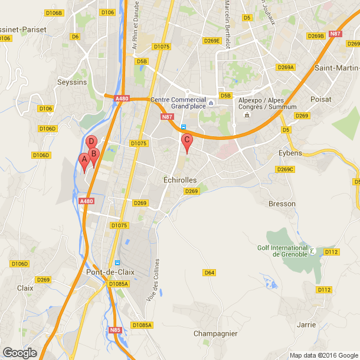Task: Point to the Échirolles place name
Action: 179,179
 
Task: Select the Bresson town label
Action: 282,204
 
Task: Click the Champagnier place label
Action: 215,333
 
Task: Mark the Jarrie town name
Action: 306,325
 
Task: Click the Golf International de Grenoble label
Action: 283,251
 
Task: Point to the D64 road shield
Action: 209,272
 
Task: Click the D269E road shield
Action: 211,41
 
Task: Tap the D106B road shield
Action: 54,12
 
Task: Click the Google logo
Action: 19,353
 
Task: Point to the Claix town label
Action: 25,288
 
